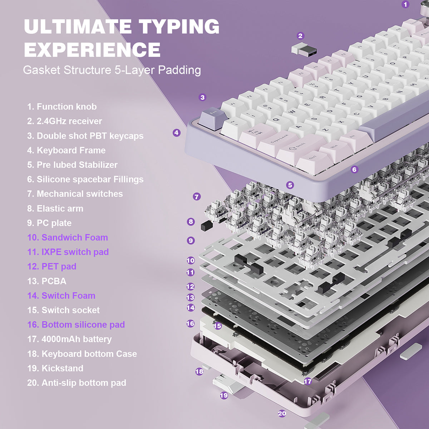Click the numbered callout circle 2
300,36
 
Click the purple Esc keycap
211,117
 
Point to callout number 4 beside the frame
176,133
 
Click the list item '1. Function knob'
62,107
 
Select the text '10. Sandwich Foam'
68,237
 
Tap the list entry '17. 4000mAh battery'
69,339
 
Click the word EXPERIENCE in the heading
92,49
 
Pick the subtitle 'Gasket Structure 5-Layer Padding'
112,70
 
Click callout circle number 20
282,413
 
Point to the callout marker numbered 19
224,395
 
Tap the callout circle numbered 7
197,197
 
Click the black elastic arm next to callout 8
205,225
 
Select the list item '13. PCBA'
47,281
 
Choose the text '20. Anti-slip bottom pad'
77,383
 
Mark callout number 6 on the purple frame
354,169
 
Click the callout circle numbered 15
217,326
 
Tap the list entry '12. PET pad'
52,266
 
